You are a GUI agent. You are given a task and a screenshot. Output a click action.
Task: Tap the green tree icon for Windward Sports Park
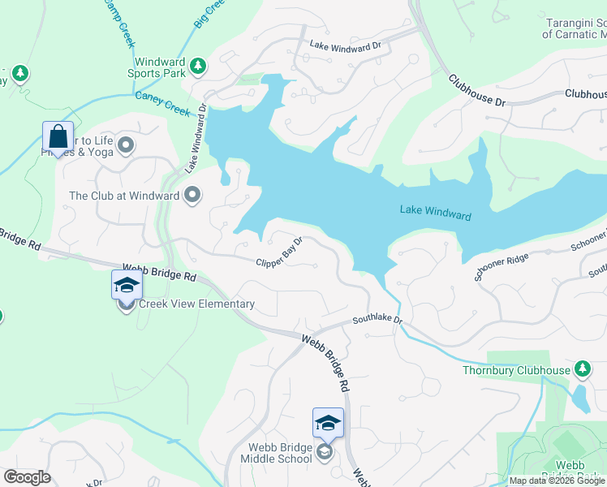196,65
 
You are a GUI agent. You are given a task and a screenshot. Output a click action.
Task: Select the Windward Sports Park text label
160,67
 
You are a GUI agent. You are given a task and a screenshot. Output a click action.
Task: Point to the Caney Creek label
161,104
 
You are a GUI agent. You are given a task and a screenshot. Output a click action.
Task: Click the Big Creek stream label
208,14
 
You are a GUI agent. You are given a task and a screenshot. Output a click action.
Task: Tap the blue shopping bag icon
58,136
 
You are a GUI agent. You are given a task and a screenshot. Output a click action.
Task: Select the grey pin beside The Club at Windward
192,195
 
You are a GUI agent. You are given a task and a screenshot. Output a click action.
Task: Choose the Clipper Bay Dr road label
279,252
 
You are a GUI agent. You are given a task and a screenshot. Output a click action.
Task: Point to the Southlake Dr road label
377,321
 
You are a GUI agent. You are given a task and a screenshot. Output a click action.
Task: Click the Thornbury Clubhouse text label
527,371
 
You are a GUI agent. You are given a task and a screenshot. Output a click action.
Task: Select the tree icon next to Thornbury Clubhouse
582,370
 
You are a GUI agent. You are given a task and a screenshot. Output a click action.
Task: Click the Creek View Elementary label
197,304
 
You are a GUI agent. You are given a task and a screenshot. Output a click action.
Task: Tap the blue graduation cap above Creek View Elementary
127,284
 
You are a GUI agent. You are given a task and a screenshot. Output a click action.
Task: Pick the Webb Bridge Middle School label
276,453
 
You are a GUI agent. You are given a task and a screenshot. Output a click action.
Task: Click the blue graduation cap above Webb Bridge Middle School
328,422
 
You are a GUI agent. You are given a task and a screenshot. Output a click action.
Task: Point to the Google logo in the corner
27,477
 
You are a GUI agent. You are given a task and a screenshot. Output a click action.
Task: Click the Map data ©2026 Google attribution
556,481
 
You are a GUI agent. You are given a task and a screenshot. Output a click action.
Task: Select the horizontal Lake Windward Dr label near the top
344,47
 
